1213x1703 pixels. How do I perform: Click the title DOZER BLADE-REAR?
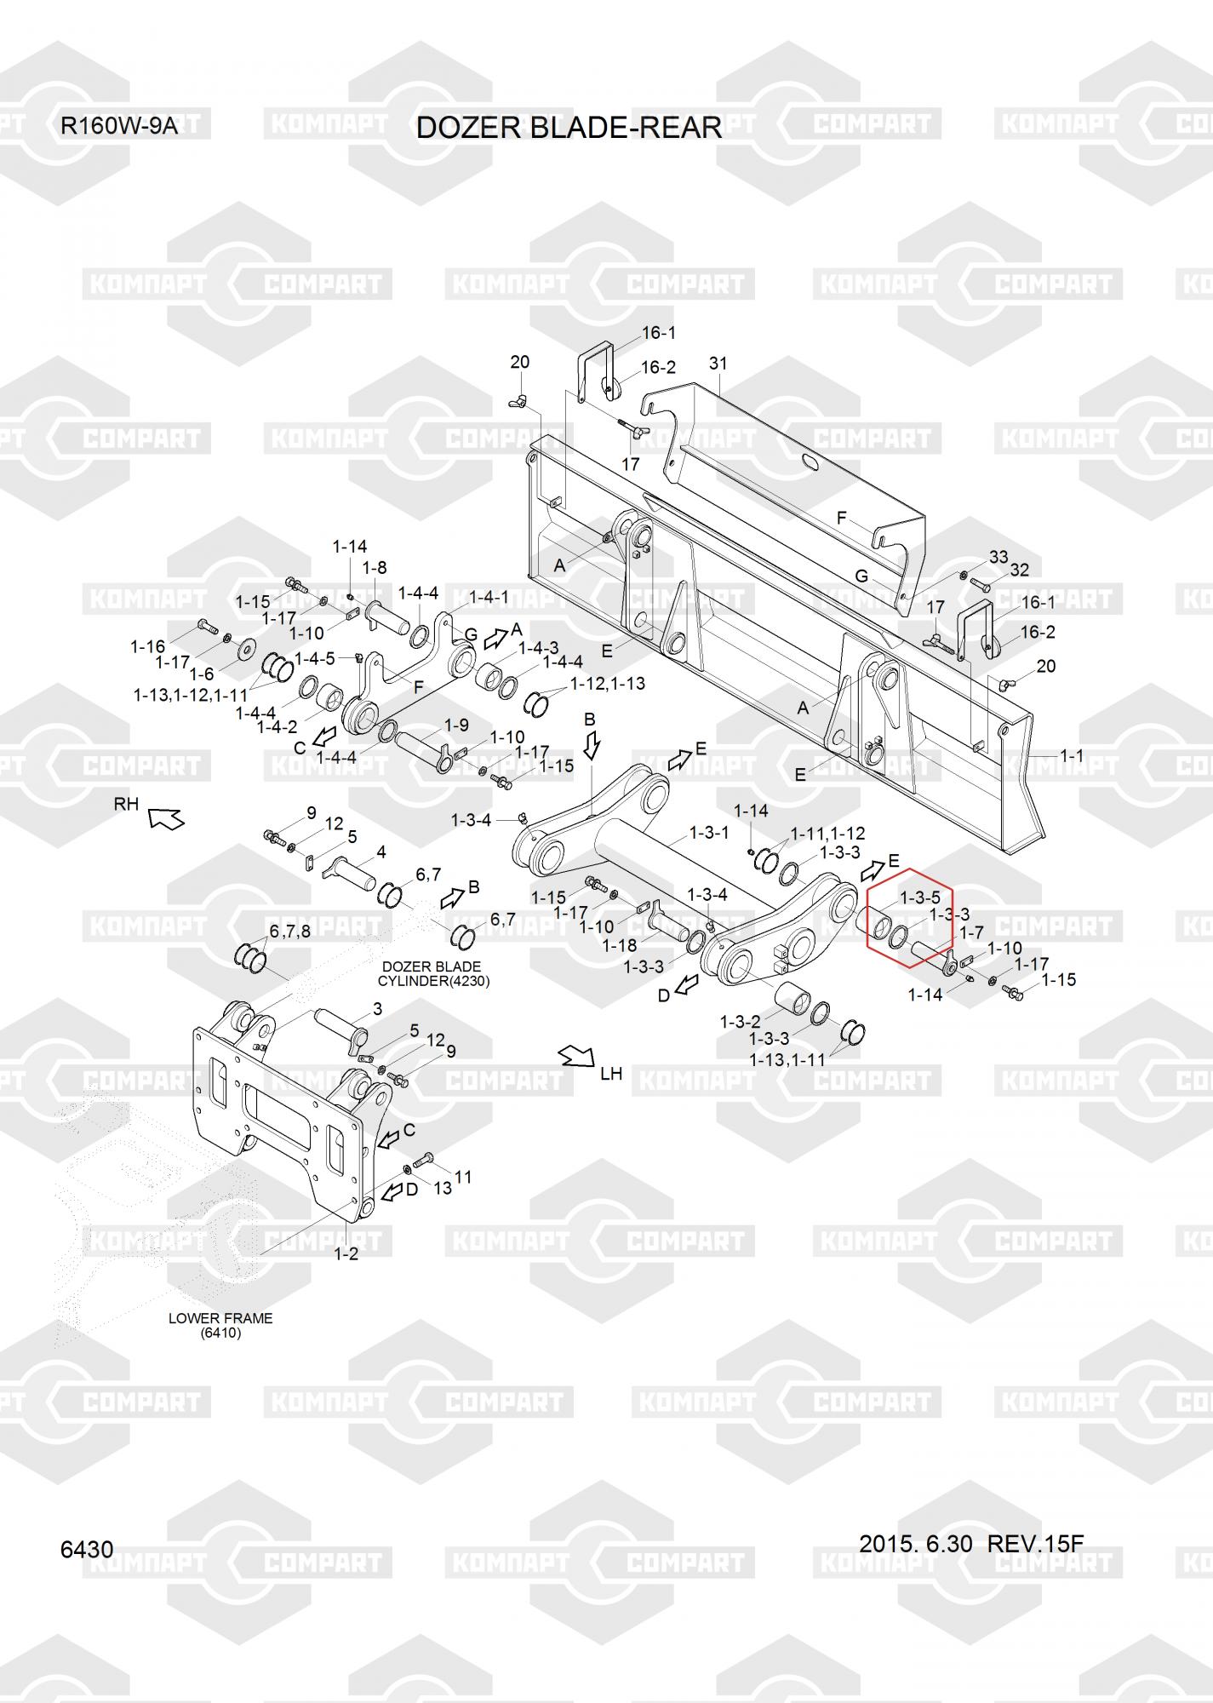tap(569, 128)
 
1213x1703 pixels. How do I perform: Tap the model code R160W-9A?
tap(118, 127)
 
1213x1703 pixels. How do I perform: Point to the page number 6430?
tap(87, 1549)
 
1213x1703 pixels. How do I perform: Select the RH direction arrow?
tap(166, 818)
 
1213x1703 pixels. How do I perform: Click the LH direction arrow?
tap(575, 1058)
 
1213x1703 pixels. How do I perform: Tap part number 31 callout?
tap(718, 364)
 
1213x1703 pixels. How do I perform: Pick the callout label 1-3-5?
tap(920, 897)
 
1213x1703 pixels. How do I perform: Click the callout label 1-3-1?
tap(708, 833)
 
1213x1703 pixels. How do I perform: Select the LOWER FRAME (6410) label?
tap(220, 1325)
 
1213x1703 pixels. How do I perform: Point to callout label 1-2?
tap(346, 1253)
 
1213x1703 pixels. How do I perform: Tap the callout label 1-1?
tap(1072, 755)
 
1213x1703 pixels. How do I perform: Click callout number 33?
tap(998, 557)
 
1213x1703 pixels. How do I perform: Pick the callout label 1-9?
tap(457, 725)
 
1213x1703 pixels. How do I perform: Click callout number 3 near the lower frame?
tap(378, 1009)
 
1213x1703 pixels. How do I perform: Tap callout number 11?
tap(463, 1177)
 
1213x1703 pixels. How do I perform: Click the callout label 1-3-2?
tap(740, 1021)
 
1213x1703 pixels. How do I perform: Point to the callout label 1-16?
tap(147, 648)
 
